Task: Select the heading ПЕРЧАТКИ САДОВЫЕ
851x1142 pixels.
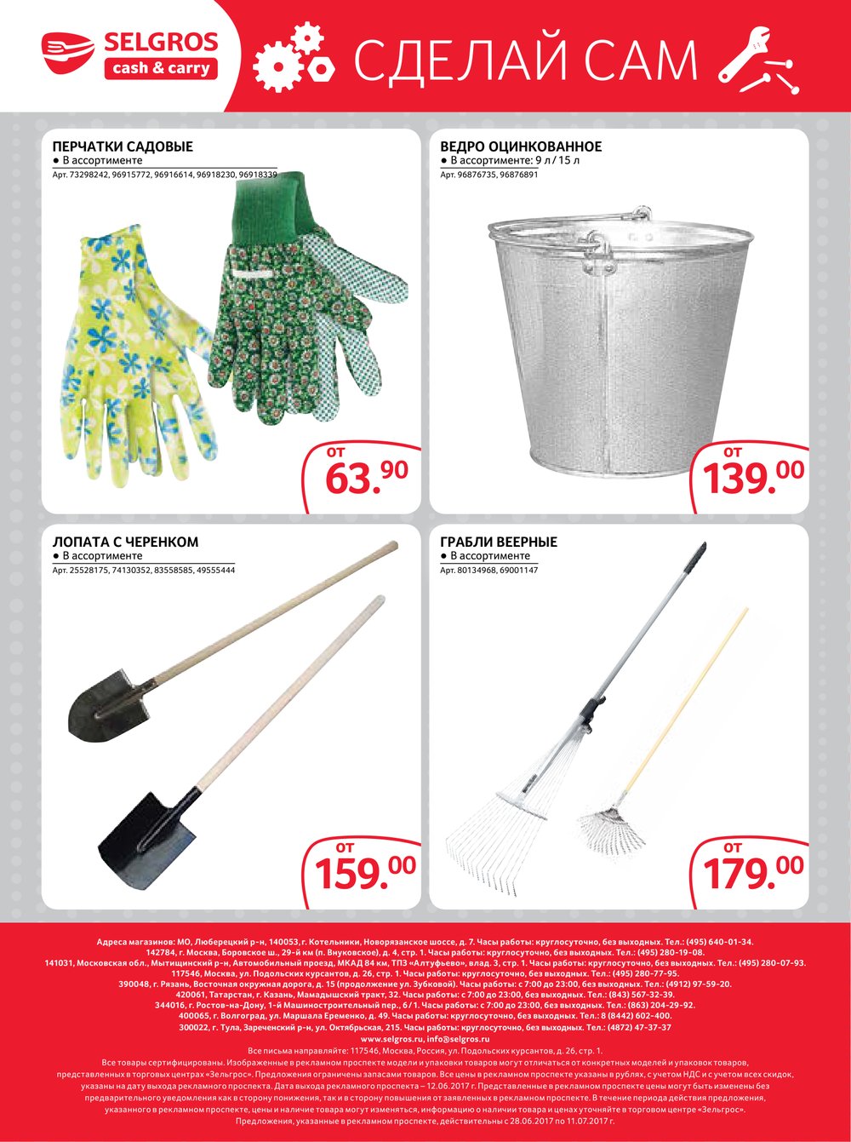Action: pyautogui.click(x=123, y=146)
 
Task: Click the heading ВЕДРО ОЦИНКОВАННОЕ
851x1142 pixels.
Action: pyautogui.click(x=521, y=146)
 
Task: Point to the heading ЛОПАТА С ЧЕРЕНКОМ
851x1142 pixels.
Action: pyautogui.click(x=125, y=542)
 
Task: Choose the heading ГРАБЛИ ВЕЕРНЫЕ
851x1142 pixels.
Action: pyautogui.click(x=499, y=542)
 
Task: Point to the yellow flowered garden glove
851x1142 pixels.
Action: pyautogui.click(x=128, y=341)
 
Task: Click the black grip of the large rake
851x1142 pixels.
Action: pyautogui.click(x=694, y=559)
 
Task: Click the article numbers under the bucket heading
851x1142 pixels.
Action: pyautogui.click(x=489, y=175)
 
